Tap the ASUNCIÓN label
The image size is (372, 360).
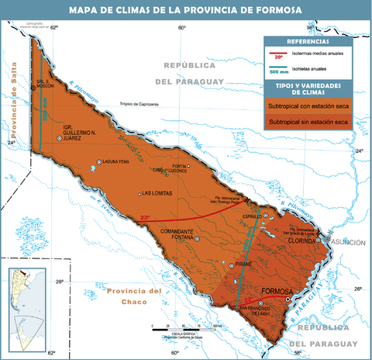point(348,243)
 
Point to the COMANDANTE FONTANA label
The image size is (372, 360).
point(176,234)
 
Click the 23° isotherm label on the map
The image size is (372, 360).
point(145,218)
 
